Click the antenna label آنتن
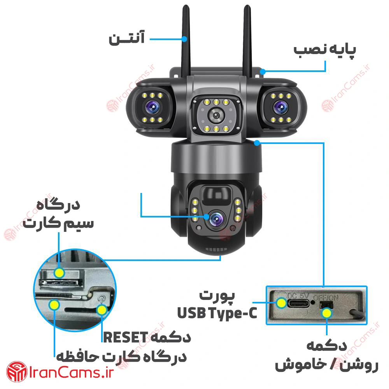point(126,38)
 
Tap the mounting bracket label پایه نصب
point(325,50)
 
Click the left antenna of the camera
point(186,41)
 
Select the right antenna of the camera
point(247,41)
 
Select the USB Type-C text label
point(217,313)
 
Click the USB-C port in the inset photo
point(298,303)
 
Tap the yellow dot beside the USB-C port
point(281,303)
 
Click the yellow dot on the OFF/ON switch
point(327,313)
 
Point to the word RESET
point(126,337)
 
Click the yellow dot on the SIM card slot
point(59,273)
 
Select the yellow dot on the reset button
point(101,310)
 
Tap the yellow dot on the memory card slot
point(54,305)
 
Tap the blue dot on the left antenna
point(184,39)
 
